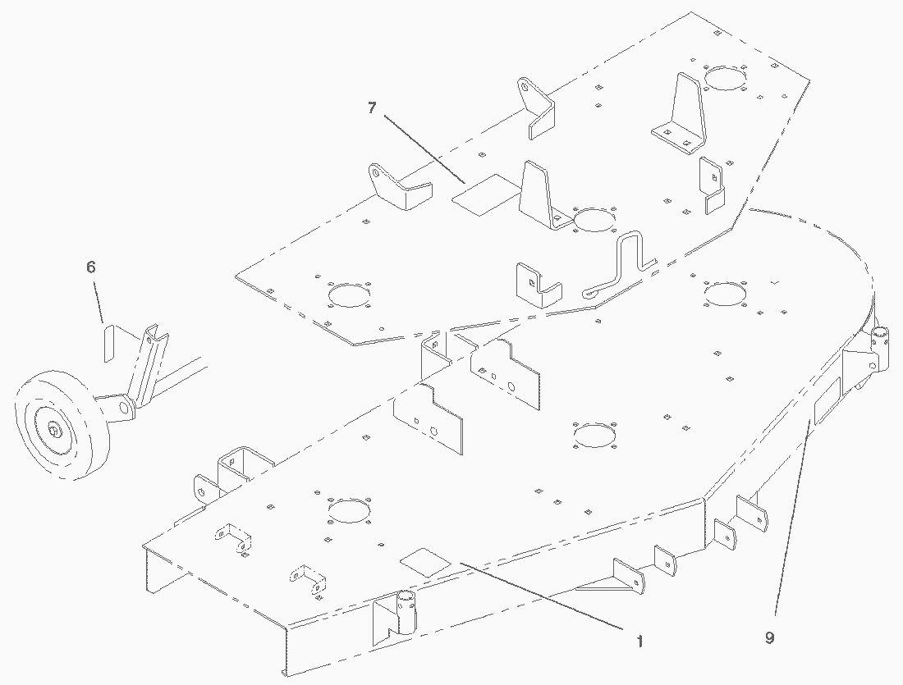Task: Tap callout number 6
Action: (x=91, y=267)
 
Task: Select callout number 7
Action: (x=372, y=108)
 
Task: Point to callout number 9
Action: (x=769, y=637)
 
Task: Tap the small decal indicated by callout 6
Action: (x=107, y=343)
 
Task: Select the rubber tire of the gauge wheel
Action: (x=33, y=402)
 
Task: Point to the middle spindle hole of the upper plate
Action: (x=594, y=220)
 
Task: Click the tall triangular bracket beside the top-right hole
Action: (x=683, y=111)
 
